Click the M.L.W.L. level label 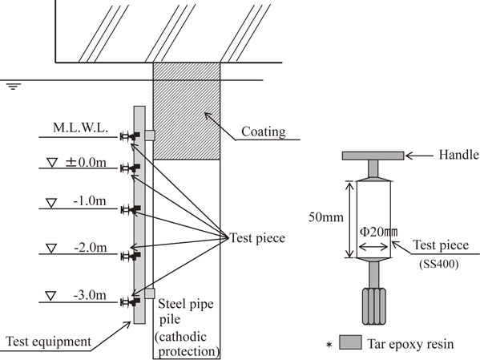[80, 127]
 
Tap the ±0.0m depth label [86, 163]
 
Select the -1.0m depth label [90, 201]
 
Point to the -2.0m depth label [91, 247]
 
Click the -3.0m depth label [90, 295]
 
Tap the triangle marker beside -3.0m [50, 296]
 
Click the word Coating [264, 131]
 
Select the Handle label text [458, 155]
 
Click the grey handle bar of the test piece [373, 156]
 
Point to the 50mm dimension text [325, 217]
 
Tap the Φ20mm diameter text [378, 232]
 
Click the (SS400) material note [439, 264]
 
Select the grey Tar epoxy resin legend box [350, 342]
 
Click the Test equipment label [48, 342]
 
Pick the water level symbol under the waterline [13, 86]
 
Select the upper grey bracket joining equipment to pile [150, 136]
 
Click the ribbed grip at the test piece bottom [373, 306]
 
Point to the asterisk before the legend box [329, 345]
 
